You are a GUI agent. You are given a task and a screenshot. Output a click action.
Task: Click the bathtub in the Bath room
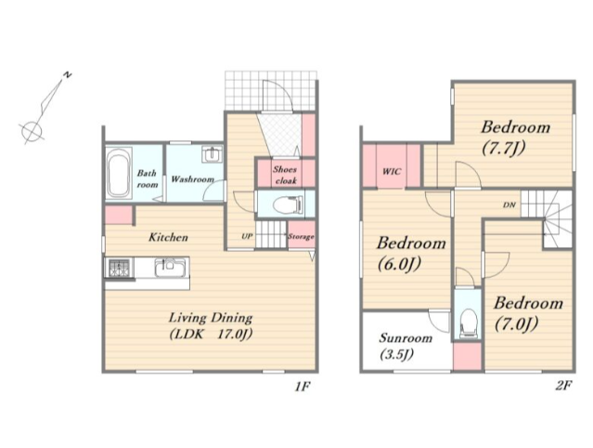pyautogui.click(x=119, y=173)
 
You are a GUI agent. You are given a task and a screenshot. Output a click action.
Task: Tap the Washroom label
pyautogui.click(x=192, y=178)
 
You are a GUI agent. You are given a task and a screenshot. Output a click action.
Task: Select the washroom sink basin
pyautogui.click(x=213, y=154)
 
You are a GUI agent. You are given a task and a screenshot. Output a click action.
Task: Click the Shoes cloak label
pyautogui.click(x=286, y=175)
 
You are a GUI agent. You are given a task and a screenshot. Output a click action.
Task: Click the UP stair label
pyautogui.click(x=247, y=236)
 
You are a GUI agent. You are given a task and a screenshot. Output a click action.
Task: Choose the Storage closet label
pyautogui.click(x=301, y=237)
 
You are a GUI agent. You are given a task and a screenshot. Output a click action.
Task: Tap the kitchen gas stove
pyautogui.click(x=119, y=268)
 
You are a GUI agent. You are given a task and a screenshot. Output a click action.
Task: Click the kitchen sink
pyautogui.click(x=171, y=268)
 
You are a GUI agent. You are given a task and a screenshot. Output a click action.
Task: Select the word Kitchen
pyautogui.click(x=168, y=237)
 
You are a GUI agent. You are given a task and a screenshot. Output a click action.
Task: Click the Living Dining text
pyautogui.click(x=211, y=317)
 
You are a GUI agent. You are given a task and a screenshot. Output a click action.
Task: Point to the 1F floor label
pyautogui.click(x=303, y=387)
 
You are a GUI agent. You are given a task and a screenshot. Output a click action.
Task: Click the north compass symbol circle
pyautogui.click(x=32, y=131)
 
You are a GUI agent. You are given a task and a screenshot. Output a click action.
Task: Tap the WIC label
pyautogui.click(x=392, y=172)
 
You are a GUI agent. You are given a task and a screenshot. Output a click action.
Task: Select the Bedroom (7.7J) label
pyautogui.click(x=515, y=138)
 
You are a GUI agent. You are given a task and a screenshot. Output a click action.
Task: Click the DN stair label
pyautogui.click(x=509, y=205)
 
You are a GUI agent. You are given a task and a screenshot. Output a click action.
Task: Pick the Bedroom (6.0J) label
pyautogui.click(x=411, y=254)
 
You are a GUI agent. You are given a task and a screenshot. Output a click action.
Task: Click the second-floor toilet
pyautogui.click(x=468, y=323)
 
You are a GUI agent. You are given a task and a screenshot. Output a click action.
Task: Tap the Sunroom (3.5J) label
pyautogui.click(x=406, y=346)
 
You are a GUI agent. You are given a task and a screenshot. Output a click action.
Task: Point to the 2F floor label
pyautogui.click(x=563, y=386)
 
